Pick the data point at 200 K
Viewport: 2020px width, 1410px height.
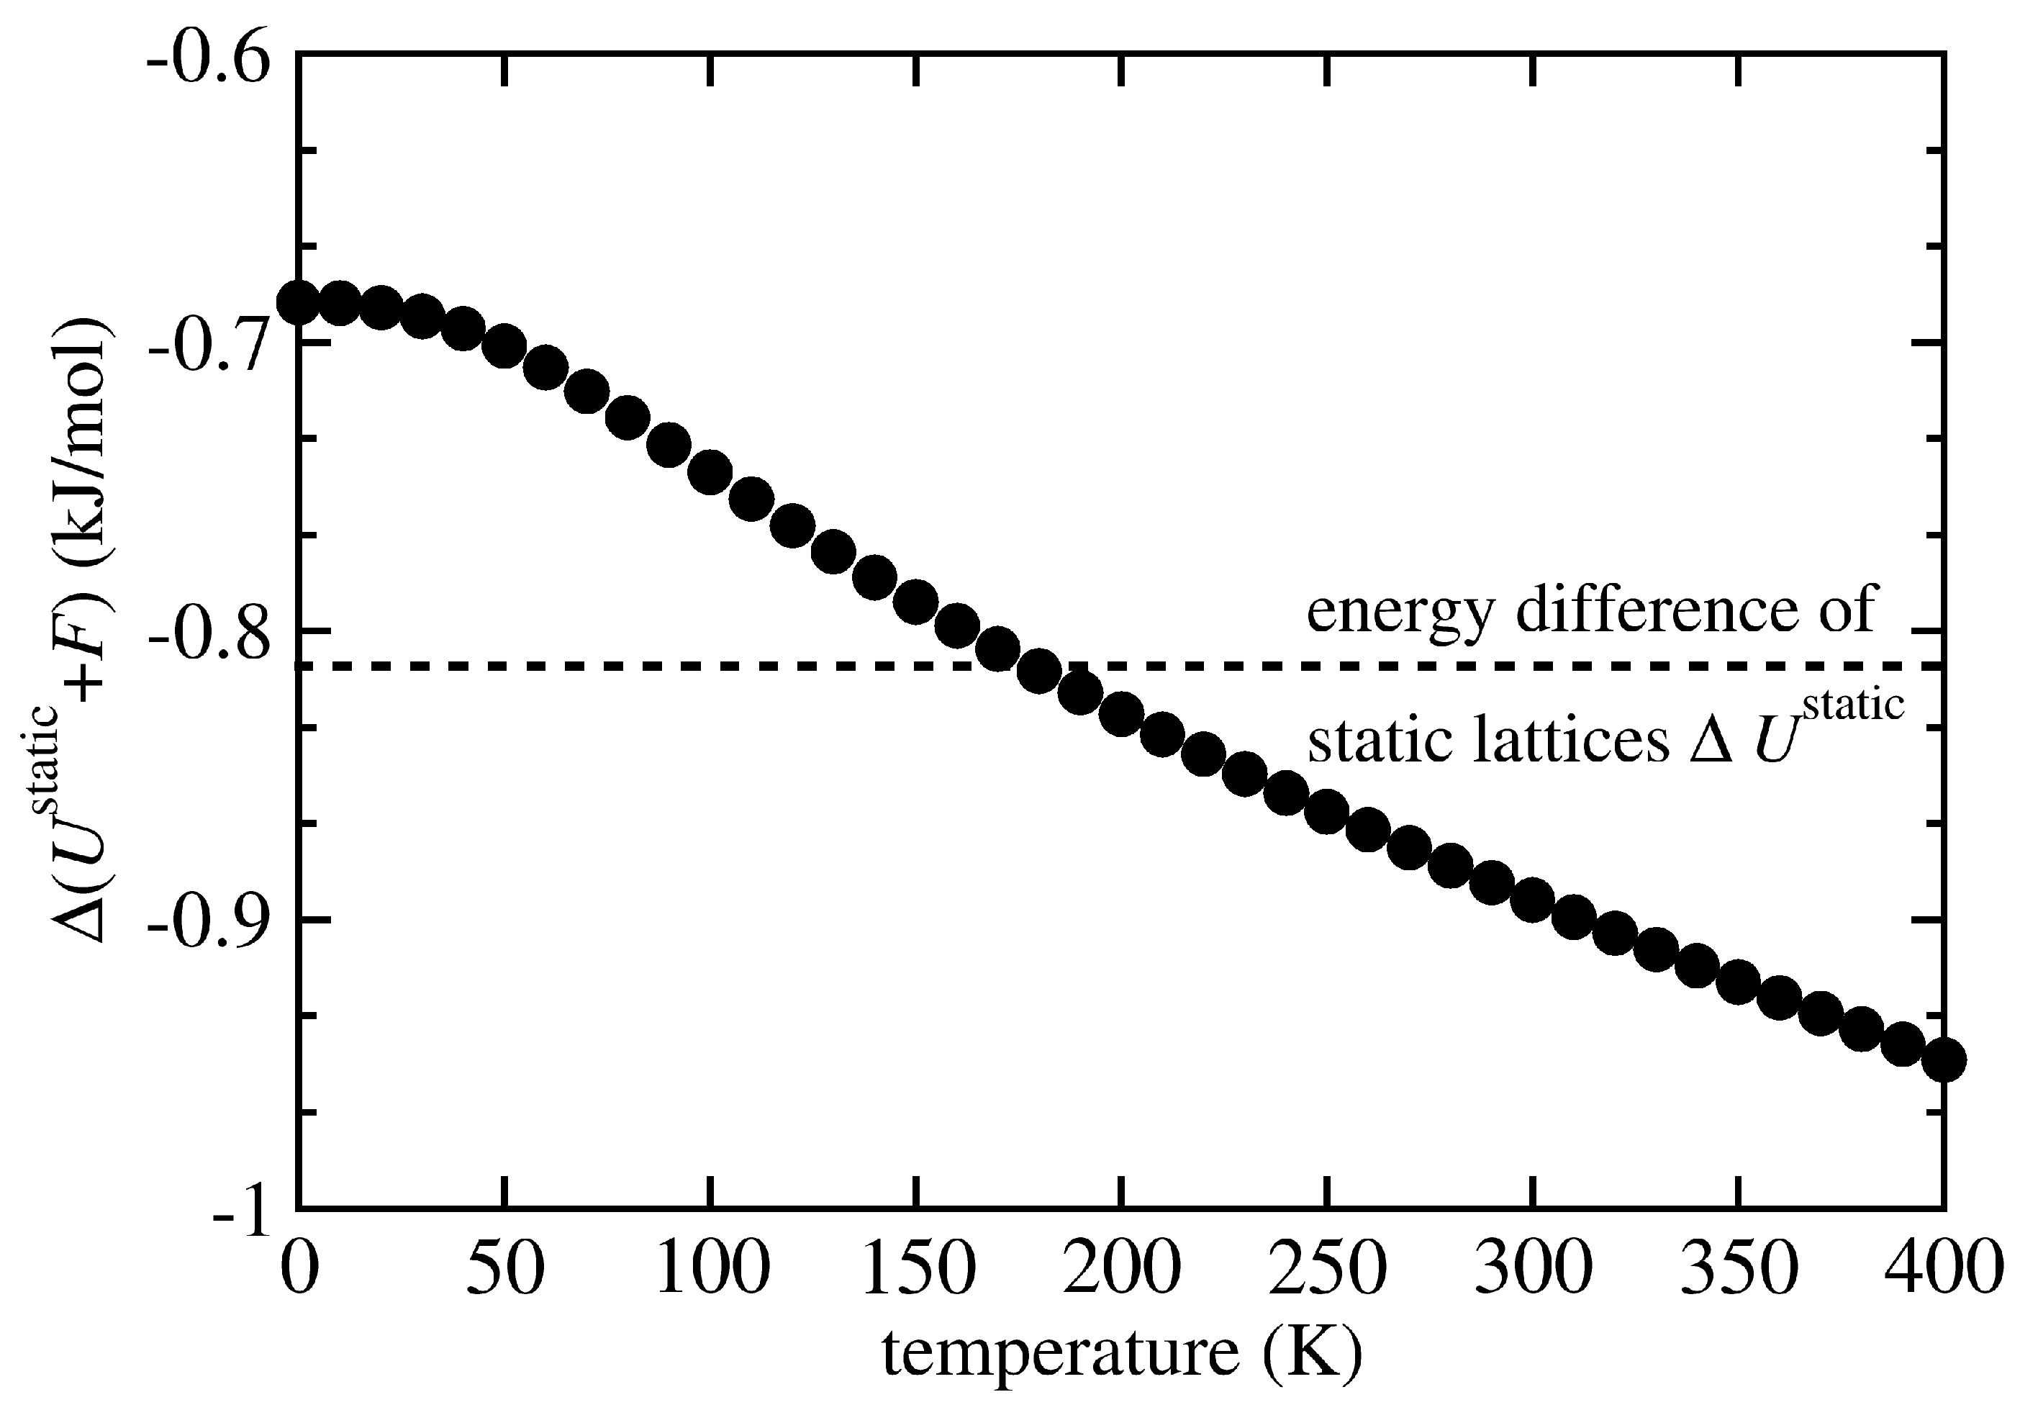pos(1121,713)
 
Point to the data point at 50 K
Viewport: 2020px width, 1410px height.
pos(504,347)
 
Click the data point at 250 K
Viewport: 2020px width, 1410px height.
pos(1327,811)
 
